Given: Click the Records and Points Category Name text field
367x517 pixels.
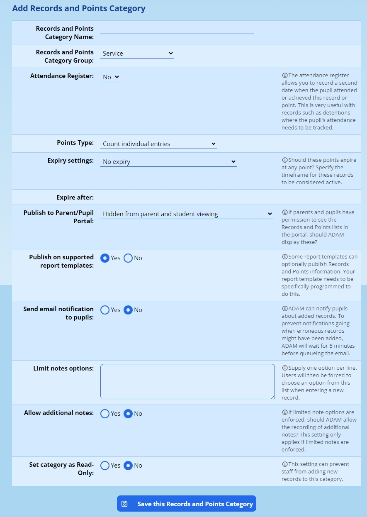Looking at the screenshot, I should pos(177,29).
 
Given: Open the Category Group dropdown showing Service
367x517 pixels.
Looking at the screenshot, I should pos(137,53).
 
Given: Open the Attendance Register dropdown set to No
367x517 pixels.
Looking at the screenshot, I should pos(110,77).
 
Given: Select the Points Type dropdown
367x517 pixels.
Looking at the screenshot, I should pos(158,144).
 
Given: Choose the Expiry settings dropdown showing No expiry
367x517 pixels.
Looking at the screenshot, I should pos(168,161).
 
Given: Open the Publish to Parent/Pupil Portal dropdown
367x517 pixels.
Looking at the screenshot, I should pos(187,214).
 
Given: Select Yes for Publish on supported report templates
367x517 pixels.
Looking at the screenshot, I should pos(105,258).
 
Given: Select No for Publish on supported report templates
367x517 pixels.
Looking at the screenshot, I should pos(129,258).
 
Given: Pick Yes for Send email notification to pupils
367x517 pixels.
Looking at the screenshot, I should pos(105,310).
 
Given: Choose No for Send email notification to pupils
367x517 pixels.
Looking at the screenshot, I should pos(129,310).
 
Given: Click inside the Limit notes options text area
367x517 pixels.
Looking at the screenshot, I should pos(187,382).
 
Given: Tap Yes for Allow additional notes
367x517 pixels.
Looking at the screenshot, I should pos(105,414).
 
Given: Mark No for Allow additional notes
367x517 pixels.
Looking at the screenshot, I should pos(129,414).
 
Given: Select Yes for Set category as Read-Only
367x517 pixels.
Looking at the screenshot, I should pos(105,466).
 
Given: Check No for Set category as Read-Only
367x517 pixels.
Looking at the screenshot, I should pos(129,466).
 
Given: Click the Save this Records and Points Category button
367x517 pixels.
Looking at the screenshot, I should pos(187,504).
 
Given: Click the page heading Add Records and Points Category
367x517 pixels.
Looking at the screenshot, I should pos(79,8).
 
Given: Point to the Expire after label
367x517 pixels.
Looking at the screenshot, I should pos(75,197).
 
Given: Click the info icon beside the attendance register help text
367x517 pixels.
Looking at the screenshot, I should pos(284,76).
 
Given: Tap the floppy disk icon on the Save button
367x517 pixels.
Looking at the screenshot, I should pos(124,504).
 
